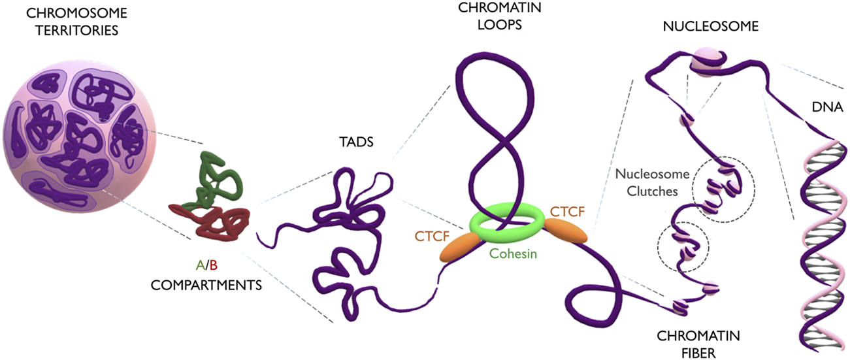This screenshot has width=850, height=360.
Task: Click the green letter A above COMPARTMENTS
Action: (x=199, y=265)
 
